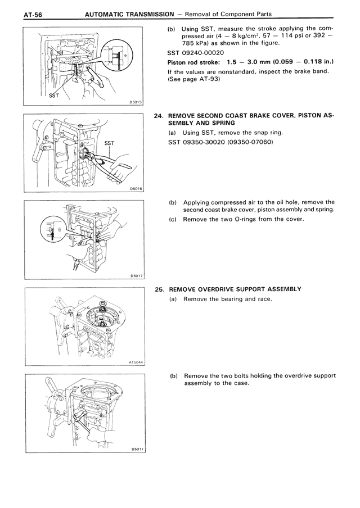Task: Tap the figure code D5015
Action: [136, 103]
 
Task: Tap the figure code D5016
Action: [136, 189]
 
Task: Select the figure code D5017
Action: [136, 276]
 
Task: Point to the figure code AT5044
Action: [134, 362]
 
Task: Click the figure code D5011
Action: [136, 449]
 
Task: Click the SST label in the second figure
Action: [109, 143]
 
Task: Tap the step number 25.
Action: [159, 289]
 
